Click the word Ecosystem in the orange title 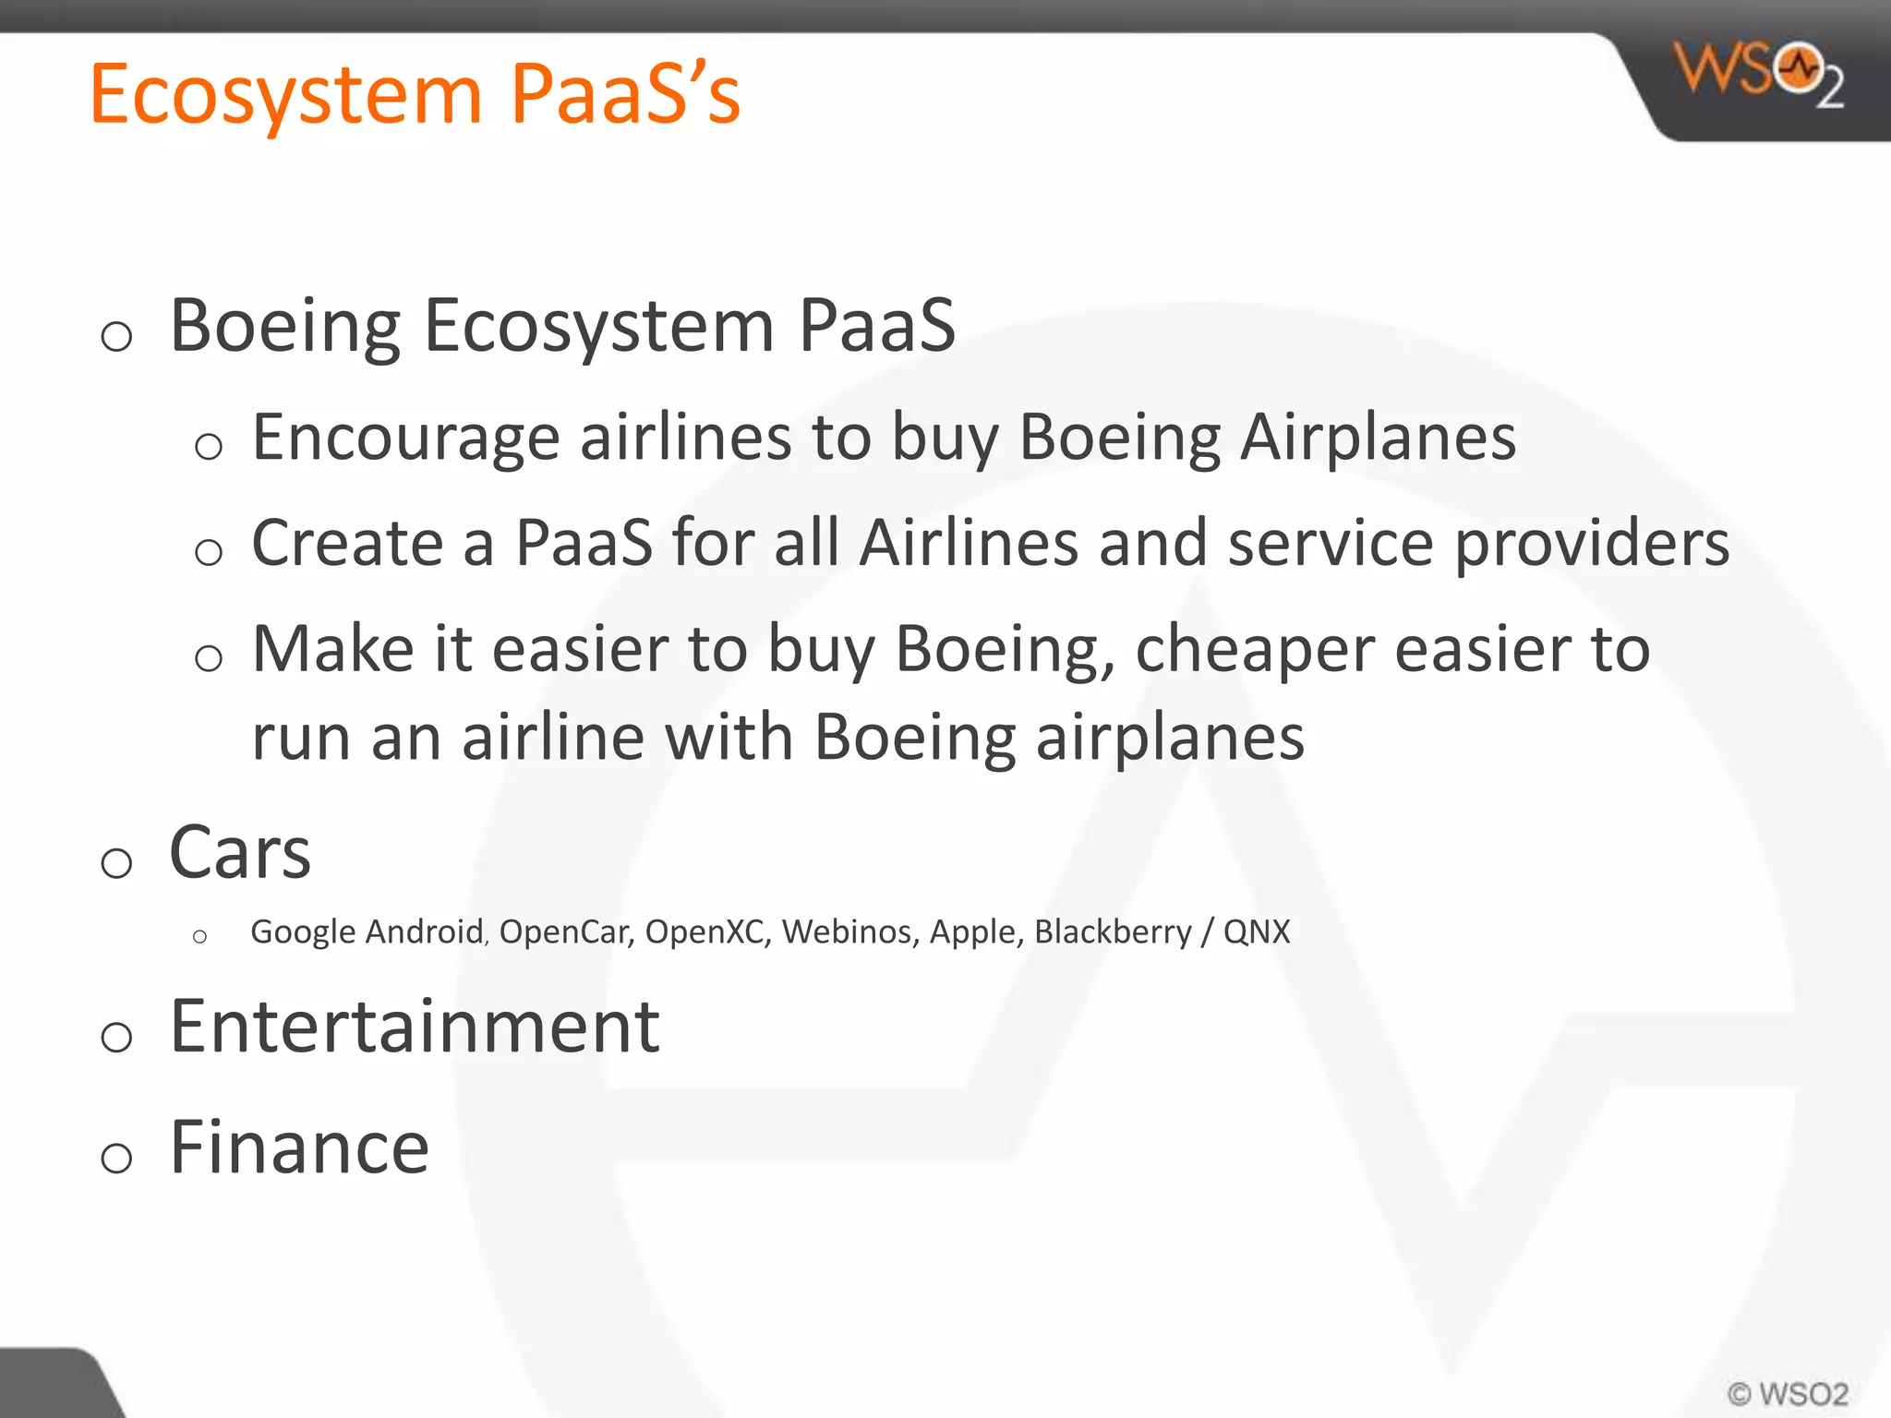click(286, 95)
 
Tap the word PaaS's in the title click(625, 95)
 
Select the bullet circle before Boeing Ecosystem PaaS click(116, 336)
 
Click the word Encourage click(405, 438)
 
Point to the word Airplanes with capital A click(1378, 438)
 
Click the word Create click(347, 543)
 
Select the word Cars click(240, 853)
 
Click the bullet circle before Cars click(116, 863)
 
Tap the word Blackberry click(1113, 932)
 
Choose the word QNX click(1256, 932)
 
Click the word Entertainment click(415, 1027)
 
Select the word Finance click(299, 1148)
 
